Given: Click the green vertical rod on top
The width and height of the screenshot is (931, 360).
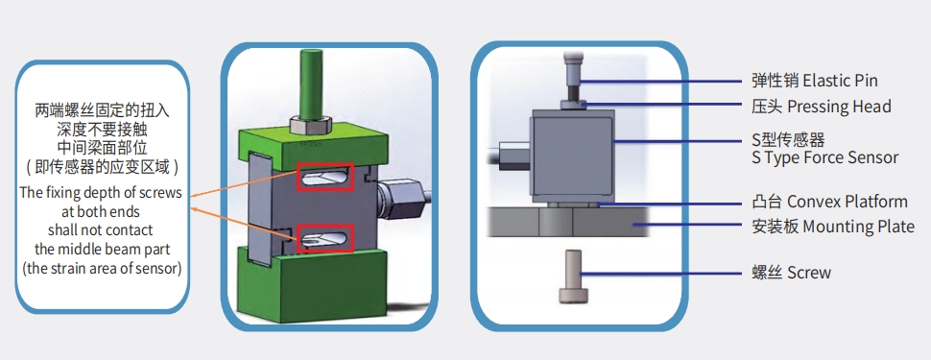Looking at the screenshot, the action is point(311,84).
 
